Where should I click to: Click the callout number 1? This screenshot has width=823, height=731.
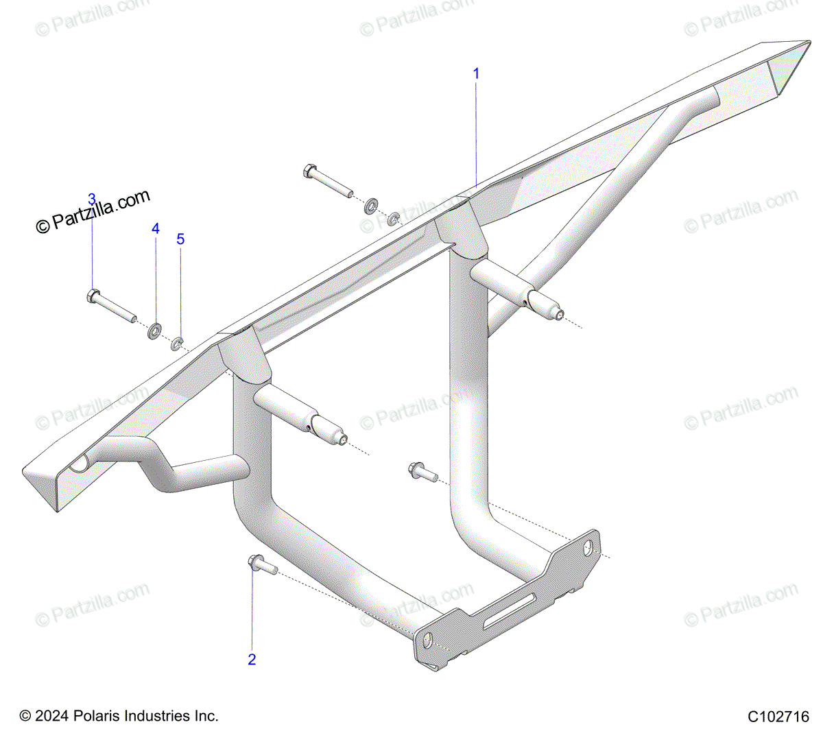click(x=476, y=73)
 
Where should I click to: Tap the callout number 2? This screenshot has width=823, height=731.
click(x=252, y=660)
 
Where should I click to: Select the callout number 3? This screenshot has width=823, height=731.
click(x=92, y=199)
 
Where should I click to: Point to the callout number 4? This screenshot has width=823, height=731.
click(x=156, y=228)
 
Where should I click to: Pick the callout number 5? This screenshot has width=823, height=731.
click(x=181, y=239)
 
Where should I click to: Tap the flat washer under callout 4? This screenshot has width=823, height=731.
click(x=154, y=331)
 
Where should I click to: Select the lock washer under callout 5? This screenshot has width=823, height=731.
click(x=177, y=344)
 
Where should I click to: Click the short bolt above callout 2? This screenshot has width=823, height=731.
click(x=263, y=564)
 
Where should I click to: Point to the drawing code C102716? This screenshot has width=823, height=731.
click(x=778, y=717)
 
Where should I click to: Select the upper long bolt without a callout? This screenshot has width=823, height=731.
click(x=328, y=181)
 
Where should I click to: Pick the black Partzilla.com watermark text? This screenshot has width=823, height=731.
click(x=93, y=211)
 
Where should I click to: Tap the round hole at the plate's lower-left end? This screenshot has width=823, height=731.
click(x=427, y=640)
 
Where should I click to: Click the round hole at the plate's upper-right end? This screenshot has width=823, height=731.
click(x=588, y=549)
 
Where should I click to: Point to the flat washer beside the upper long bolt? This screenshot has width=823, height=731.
click(x=371, y=206)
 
